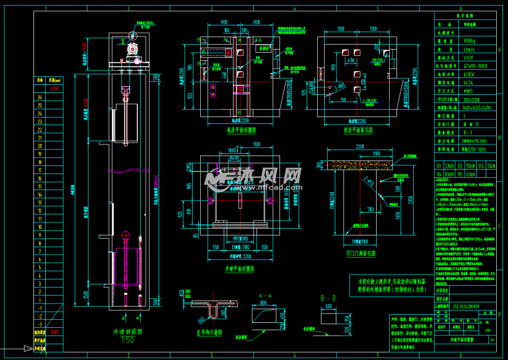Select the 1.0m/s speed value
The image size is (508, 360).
(471, 48)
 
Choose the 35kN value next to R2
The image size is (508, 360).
(470, 166)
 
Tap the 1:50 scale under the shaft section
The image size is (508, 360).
(128, 340)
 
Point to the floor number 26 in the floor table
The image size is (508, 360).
(40, 97)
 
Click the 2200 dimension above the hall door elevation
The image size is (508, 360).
(359, 147)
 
